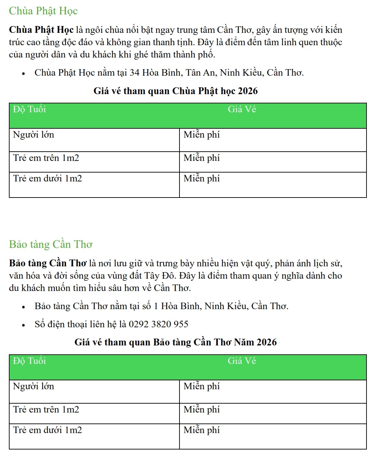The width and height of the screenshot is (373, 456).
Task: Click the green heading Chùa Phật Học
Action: [x=43, y=11]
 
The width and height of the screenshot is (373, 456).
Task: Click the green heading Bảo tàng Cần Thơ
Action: [x=51, y=244]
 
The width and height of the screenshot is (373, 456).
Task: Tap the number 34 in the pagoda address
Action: [x=134, y=73]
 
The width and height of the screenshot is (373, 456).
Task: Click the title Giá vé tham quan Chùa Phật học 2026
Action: [x=175, y=91]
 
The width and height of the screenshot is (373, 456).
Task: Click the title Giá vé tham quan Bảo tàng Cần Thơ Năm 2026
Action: [x=175, y=342]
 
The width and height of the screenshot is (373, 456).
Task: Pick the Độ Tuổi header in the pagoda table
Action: [x=29, y=110]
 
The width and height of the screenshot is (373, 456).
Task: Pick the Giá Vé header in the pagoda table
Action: [x=242, y=110]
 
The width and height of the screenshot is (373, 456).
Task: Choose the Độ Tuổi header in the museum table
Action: [x=29, y=361]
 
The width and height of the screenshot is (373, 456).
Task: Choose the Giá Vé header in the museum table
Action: [x=242, y=361]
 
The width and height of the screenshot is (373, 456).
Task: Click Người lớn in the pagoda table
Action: [x=34, y=135]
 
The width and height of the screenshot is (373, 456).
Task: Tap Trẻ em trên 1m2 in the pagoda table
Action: [x=46, y=158]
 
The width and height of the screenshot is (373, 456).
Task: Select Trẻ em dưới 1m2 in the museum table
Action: [x=48, y=430]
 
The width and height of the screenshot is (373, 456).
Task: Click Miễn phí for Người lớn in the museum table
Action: [x=201, y=387]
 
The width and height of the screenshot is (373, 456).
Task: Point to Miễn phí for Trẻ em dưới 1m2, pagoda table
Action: [x=201, y=179]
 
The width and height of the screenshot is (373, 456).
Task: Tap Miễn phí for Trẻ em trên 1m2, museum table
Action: [x=201, y=410]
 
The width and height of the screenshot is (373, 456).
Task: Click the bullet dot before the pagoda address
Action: [x=24, y=73]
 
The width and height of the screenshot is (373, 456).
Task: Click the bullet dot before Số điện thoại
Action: [x=24, y=325]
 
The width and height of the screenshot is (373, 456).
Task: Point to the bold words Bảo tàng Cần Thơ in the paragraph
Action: [x=48, y=263]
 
